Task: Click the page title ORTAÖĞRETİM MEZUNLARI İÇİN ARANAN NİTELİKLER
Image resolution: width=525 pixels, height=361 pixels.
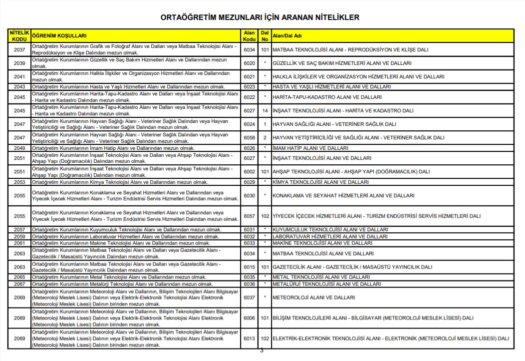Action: (260, 17)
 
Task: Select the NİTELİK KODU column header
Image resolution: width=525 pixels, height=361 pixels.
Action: (19, 35)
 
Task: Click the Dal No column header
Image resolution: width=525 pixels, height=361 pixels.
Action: (264, 35)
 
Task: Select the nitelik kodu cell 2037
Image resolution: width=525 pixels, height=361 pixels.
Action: (19, 50)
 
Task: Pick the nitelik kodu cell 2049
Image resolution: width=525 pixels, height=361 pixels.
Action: (19, 148)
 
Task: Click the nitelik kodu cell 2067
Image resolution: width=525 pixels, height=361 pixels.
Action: (19, 284)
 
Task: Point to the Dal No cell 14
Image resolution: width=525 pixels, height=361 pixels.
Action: (264, 111)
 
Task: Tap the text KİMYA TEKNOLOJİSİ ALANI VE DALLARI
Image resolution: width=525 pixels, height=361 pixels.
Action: (321, 182)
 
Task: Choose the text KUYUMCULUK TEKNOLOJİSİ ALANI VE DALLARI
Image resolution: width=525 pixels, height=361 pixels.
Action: (330, 230)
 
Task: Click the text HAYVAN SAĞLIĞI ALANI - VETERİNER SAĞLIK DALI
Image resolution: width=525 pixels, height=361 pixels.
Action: (334, 124)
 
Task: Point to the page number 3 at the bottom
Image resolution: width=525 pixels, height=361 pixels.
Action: (262, 351)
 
